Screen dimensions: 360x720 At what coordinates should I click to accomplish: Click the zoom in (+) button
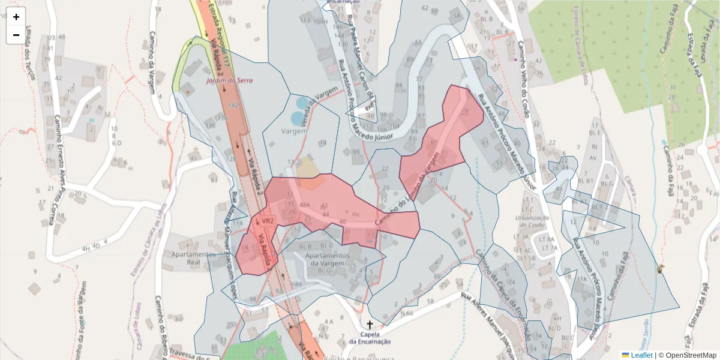(16, 17)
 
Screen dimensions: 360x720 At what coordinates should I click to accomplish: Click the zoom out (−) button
(16, 35)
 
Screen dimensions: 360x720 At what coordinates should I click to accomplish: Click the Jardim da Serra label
(229, 80)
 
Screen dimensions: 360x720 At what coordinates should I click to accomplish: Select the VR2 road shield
(268, 221)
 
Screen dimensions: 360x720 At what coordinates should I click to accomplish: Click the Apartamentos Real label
(193, 258)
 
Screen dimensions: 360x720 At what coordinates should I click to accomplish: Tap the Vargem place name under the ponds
(295, 130)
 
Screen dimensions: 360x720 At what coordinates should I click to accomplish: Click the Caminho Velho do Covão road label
(526, 72)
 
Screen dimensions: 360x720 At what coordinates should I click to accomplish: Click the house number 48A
(304, 205)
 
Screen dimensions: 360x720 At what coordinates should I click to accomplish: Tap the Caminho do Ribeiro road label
(161, 327)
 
